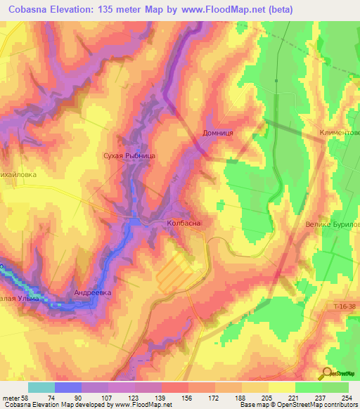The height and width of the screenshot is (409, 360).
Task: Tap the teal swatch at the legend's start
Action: (41, 387)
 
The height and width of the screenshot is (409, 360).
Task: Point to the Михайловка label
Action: (17, 171)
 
